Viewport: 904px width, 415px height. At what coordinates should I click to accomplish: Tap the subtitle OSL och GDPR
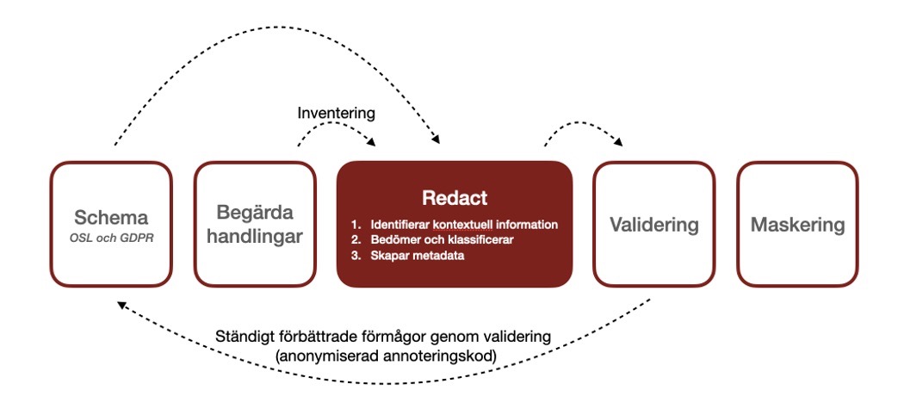[x=111, y=236]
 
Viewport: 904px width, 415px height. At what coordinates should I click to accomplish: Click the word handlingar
[x=254, y=237]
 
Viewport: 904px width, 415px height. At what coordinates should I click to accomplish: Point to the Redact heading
[x=454, y=198]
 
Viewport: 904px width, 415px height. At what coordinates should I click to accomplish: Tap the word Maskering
[x=798, y=226]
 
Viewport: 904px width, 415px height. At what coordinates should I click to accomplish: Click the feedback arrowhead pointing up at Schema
[x=121, y=302]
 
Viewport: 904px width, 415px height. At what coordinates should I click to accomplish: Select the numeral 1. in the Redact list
[x=354, y=224]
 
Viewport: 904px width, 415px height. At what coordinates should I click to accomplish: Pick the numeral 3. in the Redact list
[x=354, y=255]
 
